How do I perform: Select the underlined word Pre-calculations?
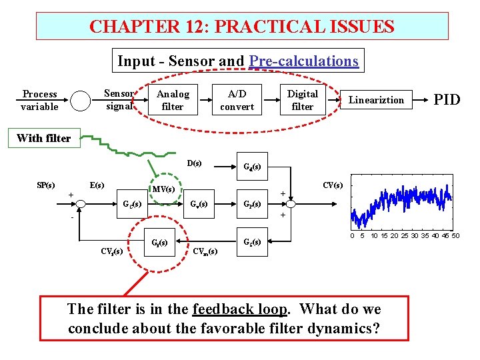point(304,61)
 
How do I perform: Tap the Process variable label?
point(39,100)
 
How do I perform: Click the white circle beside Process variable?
point(80,101)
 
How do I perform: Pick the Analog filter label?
point(173,100)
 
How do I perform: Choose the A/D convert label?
point(237,100)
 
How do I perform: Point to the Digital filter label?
point(303,100)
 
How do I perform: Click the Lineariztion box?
point(377,100)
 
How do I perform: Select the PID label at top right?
point(447,100)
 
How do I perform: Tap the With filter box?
point(43,139)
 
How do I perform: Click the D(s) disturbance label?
point(195,163)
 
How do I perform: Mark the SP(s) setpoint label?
point(45,185)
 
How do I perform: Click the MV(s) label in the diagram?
point(163,189)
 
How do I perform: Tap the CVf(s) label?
point(111,251)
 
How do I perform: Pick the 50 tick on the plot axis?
point(455,236)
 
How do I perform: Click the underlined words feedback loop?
point(240,309)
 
